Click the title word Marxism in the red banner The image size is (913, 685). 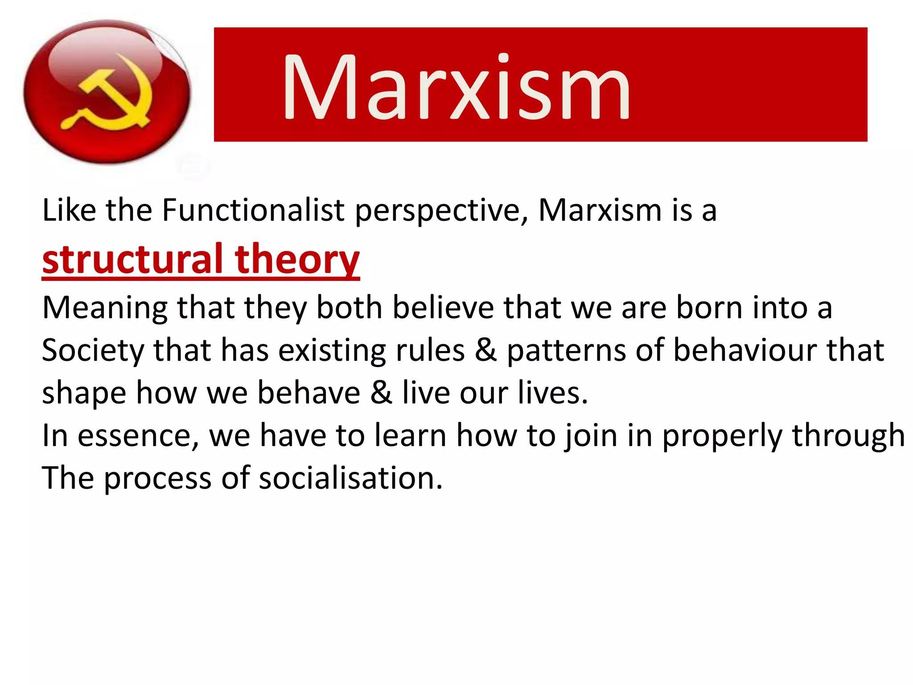[x=456, y=87]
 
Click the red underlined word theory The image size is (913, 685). [x=297, y=260]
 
